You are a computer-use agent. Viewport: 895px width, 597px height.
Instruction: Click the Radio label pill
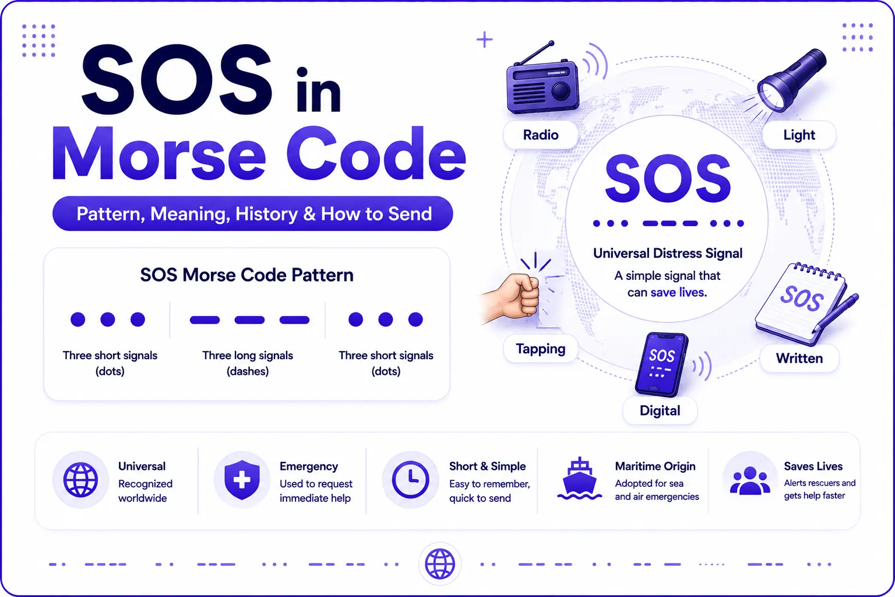click(x=541, y=135)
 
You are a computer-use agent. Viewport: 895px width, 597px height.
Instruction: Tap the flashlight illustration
click(x=789, y=82)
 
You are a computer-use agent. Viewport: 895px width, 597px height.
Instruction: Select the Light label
click(x=799, y=135)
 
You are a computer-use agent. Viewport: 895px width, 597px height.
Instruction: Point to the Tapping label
click(x=540, y=349)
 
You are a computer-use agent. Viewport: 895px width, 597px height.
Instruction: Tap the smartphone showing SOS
click(x=662, y=364)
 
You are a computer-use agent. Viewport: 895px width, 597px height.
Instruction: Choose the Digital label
click(x=660, y=410)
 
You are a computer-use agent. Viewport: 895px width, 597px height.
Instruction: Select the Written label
click(x=799, y=359)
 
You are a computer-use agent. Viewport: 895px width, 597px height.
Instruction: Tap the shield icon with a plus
click(x=242, y=479)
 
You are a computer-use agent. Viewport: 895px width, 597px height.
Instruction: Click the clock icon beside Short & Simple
click(x=410, y=479)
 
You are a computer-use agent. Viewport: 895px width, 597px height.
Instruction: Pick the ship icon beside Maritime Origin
click(x=579, y=479)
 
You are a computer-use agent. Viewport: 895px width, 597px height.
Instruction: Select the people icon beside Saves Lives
click(x=750, y=480)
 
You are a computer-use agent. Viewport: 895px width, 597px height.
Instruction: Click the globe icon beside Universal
click(x=81, y=480)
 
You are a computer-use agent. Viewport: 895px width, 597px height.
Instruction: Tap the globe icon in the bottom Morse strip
click(x=440, y=564)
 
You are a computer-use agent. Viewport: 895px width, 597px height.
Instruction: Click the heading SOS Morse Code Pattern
click(x=246, y=275)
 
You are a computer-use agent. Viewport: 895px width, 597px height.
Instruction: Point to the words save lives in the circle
click(x=678, y=292)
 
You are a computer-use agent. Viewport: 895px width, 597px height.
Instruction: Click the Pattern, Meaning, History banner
click(x=252, y=213)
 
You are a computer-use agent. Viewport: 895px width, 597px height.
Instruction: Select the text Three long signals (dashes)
click(x=247, y=363)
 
